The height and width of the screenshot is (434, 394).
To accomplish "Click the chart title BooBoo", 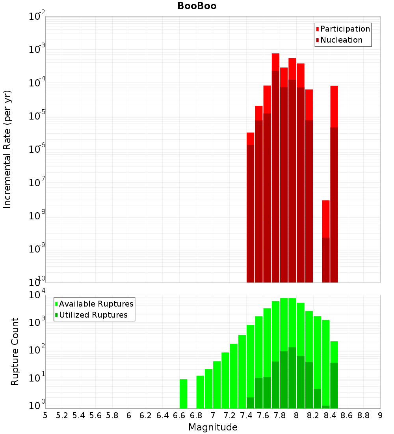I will click(x=197, y=6).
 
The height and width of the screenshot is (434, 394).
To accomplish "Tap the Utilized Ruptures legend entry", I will click(x=93, y=315).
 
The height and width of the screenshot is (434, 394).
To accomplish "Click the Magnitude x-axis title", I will click(x=213, y=427).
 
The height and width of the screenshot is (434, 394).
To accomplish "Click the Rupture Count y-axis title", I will click(x=15, y=352).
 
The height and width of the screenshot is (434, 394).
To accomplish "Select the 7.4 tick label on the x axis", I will click(x=246, y=415).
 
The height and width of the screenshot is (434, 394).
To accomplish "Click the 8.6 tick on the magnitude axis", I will click(x=347, y=415).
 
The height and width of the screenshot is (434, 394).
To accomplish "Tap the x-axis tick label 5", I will click(x=45, y=415).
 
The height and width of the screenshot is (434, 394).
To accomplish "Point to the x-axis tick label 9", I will click(x=380, y=415).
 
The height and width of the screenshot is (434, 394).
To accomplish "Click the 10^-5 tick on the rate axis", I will click(x=37, y=116).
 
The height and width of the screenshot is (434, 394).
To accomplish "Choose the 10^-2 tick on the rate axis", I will click(x=37, y=17).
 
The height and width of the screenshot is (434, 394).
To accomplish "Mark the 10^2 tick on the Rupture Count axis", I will click(x=37, y=350).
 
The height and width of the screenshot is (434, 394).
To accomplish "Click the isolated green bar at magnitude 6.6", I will click(x=183, y=394).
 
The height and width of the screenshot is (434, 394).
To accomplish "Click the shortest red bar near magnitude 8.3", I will click(x=325, y=241).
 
